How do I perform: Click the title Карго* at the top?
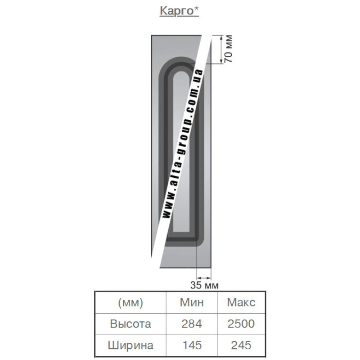179,11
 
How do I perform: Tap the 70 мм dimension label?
228,49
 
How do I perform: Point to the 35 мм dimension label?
204,285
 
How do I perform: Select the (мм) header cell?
130,302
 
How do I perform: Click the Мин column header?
192,302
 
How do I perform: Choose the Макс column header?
241,302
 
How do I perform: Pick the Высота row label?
130,324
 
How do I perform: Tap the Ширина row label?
130,345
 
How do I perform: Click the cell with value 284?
192,324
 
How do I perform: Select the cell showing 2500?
241,324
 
